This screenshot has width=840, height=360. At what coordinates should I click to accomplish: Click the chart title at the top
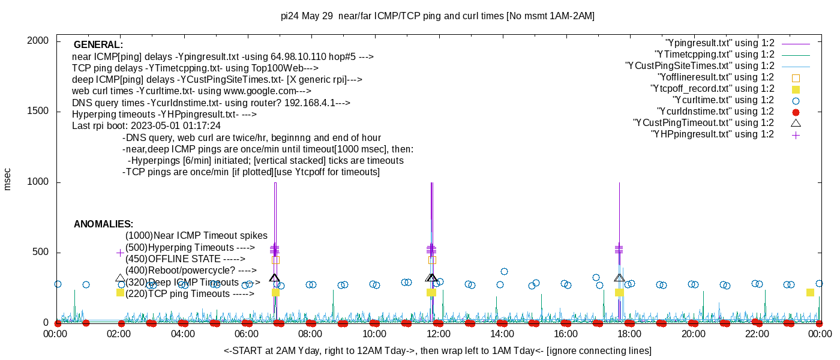coord(437,16)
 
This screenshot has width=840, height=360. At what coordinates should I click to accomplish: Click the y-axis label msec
coord(8,179)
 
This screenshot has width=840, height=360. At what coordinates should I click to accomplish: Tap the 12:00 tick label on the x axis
coord(438,334)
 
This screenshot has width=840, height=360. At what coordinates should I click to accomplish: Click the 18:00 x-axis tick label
coord(629,334)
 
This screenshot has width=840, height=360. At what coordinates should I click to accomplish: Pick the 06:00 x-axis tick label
coord(247,334)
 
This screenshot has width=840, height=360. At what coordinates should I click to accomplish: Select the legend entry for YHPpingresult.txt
coord(712,134)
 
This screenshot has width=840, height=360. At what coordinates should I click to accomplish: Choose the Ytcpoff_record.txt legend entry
coord(712,89)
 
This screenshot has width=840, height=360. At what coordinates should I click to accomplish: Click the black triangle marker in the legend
coord(796,123)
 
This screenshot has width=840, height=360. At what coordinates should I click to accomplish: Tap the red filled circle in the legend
coord(796,112)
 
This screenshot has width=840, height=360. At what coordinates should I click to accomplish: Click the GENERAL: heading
coord(98,45)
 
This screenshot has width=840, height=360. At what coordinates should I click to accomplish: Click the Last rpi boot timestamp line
coord(146,126)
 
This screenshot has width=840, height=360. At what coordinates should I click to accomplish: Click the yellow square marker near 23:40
coord(810,292)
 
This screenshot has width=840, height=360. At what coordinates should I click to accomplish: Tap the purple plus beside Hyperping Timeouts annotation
coord(120,253)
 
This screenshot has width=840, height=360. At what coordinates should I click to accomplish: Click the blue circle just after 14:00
coord(504,272)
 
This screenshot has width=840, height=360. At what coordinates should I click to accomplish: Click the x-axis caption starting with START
coord(437,350)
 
